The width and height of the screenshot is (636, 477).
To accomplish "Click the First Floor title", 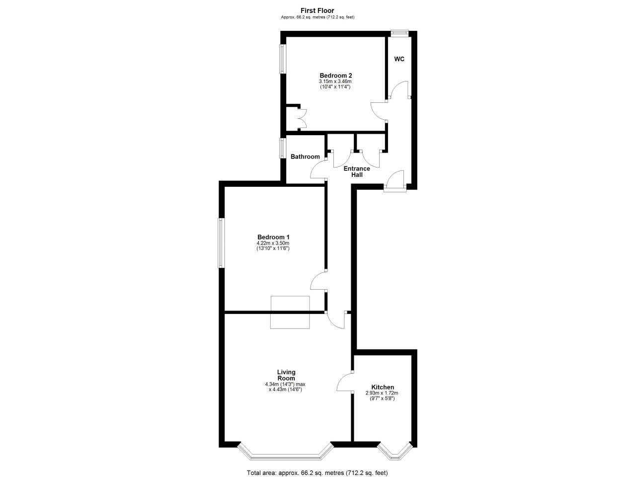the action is coord(318,10).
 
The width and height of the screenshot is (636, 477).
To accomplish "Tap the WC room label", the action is coord(399,59).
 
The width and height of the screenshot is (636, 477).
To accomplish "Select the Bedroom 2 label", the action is coord(336,76).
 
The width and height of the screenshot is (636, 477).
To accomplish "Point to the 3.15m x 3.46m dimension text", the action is coord(335,81).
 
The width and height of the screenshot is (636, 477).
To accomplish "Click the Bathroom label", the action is coord(305,157).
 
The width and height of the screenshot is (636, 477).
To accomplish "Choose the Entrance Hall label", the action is coord(357,172).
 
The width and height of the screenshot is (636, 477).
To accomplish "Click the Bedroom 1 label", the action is coord(273,237).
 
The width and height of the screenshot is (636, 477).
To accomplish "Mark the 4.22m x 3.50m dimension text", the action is coord(273,243).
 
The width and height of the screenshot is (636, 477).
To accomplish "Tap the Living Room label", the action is coord(286,375).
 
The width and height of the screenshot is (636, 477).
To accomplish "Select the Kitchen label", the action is coord(383,387).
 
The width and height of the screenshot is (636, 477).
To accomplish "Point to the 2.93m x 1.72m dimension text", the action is coord(382,394).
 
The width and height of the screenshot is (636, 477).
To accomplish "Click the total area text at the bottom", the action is coord(317,473).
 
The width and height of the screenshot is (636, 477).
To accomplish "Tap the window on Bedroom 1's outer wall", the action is coord(222,242).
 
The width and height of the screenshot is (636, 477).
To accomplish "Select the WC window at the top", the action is coord(399,33).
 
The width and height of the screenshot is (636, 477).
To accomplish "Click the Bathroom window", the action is coord(283,148).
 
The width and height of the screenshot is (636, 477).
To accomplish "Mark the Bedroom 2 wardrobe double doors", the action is coord(302,118).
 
